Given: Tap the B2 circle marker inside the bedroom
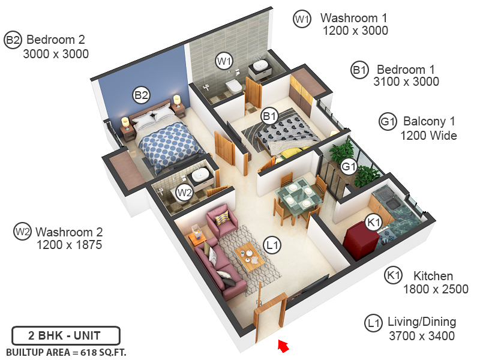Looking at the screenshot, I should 141,95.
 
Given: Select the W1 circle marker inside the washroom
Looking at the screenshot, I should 224,61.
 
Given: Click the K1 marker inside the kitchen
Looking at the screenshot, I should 373,223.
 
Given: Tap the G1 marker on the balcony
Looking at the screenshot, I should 349,166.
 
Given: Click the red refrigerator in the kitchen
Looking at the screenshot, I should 361,239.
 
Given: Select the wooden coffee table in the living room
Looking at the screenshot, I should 251,256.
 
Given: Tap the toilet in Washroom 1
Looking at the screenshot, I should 232,88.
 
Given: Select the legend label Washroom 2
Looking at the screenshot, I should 69,232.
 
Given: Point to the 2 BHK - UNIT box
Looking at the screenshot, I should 65,335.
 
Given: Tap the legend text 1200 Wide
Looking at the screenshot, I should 428,136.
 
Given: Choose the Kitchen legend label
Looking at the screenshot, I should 433,276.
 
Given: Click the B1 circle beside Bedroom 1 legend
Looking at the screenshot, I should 359,70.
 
